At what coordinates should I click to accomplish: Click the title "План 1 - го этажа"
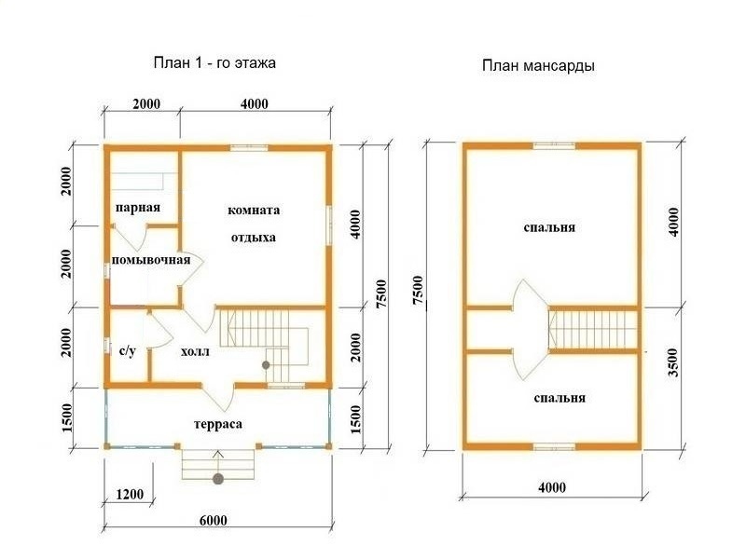[x=214, y=62]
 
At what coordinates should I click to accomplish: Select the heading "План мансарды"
[x=538, y=65]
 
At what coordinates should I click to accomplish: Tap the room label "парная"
[x=138, y=208]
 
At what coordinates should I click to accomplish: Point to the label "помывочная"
[x=151, y=260]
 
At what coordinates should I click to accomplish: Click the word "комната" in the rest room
[x=254, y=211]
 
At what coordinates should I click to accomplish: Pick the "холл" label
[x=195, y=352]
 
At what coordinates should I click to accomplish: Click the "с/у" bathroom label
[x=127, y=351]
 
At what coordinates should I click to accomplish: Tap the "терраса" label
[x=218, y=424]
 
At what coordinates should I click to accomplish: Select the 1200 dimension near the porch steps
[x=130, y=495]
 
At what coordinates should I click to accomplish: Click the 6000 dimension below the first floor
[x=213, y=520]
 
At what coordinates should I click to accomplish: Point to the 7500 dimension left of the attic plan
[x=418, y=291]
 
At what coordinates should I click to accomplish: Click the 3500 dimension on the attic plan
[x=673, y=362]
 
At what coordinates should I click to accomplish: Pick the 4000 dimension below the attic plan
[x=552, y=487]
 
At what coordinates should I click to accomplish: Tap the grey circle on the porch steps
[x=218, y=478]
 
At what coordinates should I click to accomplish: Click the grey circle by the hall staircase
[x=266, y=365]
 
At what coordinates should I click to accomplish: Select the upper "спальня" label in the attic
[x=549, y=227]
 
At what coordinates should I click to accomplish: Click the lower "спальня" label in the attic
[x=559, y=398]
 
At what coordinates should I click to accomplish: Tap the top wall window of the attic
[x=554, y=146]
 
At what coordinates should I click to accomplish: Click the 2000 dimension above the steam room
[x=146, y=103]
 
